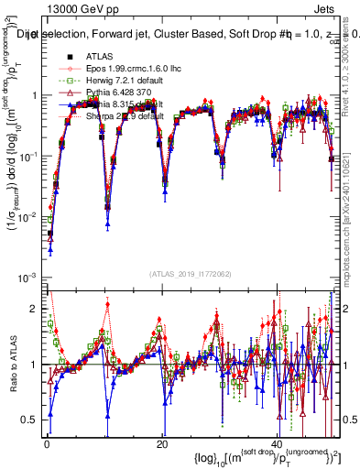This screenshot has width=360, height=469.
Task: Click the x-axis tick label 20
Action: point(162,443)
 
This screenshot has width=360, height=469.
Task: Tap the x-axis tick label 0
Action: point(46,443)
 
